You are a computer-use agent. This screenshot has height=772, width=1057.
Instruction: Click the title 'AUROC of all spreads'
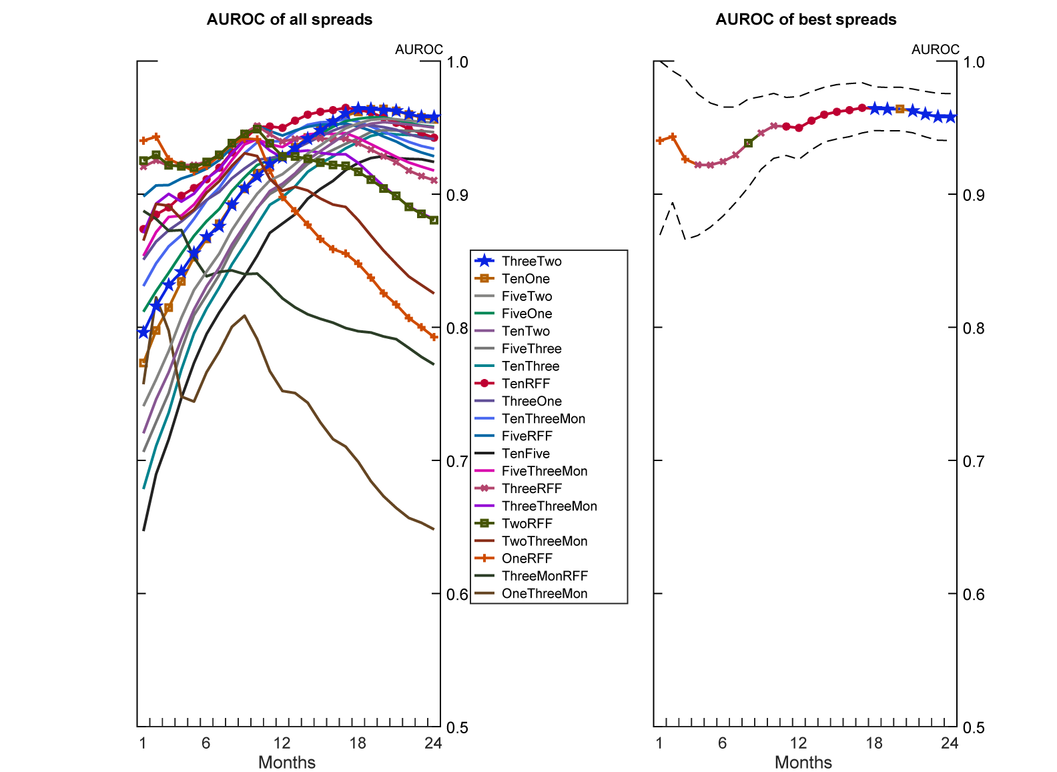click(289, 19)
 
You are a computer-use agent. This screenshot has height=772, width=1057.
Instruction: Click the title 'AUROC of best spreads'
click(805, 19)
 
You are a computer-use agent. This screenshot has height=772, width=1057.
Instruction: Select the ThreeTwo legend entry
click(531, 262)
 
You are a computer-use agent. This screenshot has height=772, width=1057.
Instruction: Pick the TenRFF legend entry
click(526, 384)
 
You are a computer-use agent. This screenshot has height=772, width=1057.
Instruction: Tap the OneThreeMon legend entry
click(545, 594)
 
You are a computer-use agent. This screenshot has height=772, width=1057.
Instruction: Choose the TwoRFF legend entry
click(527, 524)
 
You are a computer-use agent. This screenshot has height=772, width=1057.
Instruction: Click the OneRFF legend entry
click(527, 558)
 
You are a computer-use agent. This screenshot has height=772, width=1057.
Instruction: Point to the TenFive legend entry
click(526, 454)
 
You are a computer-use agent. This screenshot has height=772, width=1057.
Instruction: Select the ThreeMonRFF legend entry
click(545, 576)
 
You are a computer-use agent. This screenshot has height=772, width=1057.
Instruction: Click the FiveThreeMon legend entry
click(545, 471)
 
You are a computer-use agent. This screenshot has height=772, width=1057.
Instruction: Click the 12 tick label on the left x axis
click(282, 743)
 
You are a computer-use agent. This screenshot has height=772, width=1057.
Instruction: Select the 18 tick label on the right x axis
click(874, 743)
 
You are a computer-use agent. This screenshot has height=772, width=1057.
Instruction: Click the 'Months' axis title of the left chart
click(287, 762)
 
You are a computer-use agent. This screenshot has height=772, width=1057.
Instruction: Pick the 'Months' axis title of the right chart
click(803, 762)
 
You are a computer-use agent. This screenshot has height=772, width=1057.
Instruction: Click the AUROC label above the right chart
click(936, 49)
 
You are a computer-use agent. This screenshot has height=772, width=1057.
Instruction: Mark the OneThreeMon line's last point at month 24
click(434, 530)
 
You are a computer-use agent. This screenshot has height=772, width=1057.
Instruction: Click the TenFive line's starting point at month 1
click(143, 531)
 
